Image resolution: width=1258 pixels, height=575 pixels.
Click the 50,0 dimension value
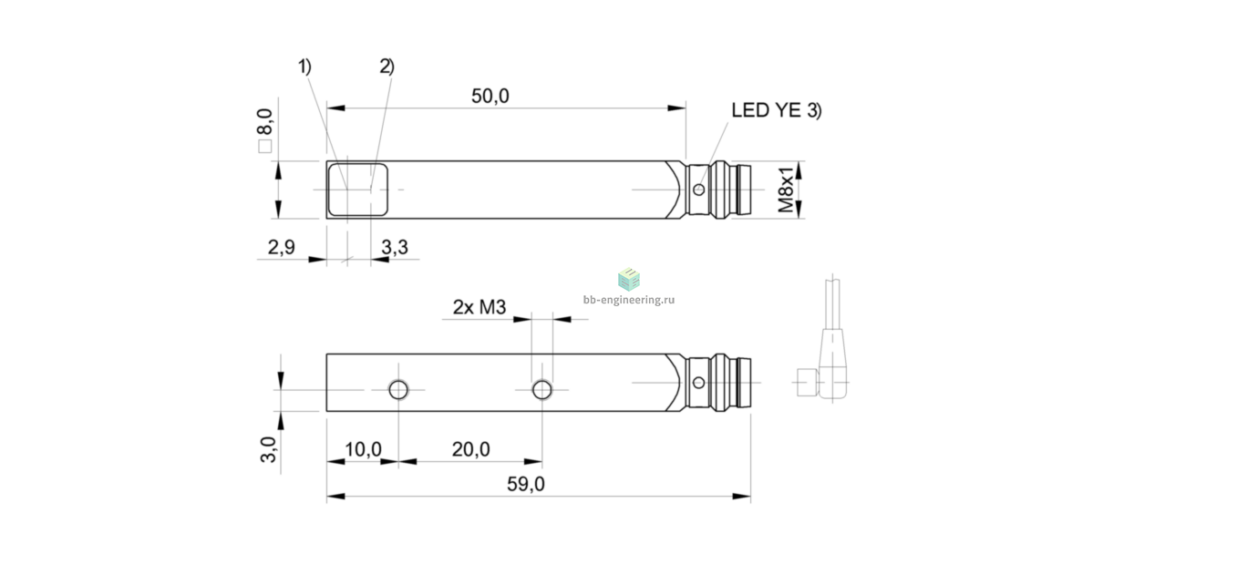490,96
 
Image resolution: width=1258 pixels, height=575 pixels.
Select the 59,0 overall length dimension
526,484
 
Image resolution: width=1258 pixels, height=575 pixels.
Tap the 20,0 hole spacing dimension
470,449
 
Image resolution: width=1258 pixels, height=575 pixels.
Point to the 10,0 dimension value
363,449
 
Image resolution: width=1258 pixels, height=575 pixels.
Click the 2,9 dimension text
281,247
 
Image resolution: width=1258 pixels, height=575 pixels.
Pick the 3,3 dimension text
395,247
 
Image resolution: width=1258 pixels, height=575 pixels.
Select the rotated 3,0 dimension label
268,449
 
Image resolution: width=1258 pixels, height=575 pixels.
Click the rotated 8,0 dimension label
264,122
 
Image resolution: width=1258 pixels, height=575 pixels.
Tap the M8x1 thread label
786,190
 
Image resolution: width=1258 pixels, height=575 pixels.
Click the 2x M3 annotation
479,307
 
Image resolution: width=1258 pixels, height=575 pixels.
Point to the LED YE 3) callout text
776,110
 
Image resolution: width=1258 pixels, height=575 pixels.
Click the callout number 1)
304,67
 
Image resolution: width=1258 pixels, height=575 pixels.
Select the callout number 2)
387,67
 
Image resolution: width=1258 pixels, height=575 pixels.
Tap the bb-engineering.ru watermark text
629,300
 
